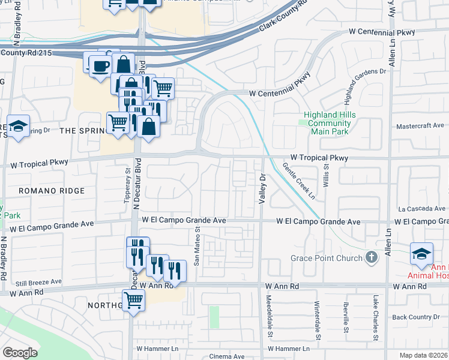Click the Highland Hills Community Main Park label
330,123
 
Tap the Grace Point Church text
327,258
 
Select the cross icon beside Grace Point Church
372,258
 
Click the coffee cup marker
100,65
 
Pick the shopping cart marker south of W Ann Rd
133,300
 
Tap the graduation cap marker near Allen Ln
421,253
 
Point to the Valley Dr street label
262,190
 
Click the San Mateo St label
196,247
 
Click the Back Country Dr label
420,317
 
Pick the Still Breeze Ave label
39,281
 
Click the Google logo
20,353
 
